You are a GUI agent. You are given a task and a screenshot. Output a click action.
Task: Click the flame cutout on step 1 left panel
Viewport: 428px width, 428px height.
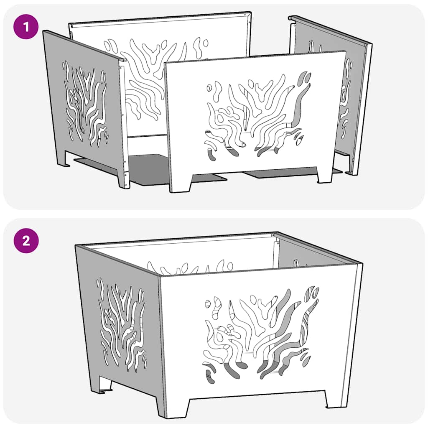coord(86,104)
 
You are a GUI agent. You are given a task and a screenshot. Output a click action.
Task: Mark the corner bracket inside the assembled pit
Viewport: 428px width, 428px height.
coord(275,251)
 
